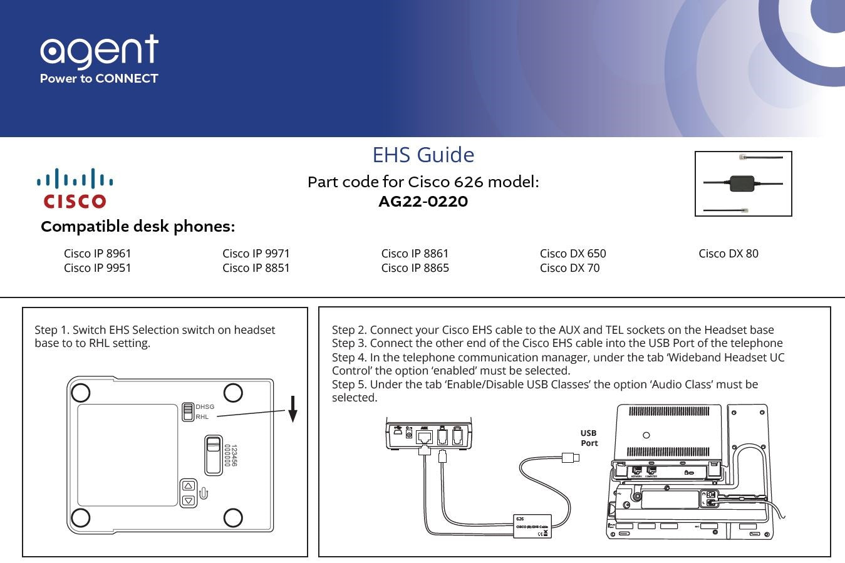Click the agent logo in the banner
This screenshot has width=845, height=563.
click(x=99, y=59)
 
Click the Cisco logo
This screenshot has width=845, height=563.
click(x=75, y=189)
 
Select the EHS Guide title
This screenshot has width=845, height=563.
click(x=423, y=155)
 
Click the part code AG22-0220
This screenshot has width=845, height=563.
click(x=423, y=202)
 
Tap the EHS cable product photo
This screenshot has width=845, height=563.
click(x=743, y=183)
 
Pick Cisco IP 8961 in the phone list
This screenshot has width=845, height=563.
click(x=97, y=254)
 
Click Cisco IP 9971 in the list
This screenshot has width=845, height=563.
click(x=256, y=254)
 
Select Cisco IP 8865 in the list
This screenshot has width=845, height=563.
click(x=415, y=268)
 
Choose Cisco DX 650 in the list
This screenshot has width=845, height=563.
click(x=573, y=254)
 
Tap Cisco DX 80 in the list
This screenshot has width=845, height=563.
click(x=728, y=254)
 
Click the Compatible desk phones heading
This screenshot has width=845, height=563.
click(x=138, y=226)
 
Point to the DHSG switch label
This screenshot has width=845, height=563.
click(x=205, y=407)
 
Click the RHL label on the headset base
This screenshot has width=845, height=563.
click(x=202, y=417)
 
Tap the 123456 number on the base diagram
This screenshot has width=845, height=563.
click(x=233, y=455)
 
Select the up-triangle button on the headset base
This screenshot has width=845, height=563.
click(x=188, y=487)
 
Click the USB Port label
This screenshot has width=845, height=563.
click(x=589, y=438)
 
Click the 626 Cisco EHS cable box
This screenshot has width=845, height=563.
click(x=532, y=526)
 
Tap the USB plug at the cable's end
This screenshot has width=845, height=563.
click(x=570, y=458)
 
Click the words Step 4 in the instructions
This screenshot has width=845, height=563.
click(x=349, y=358)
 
